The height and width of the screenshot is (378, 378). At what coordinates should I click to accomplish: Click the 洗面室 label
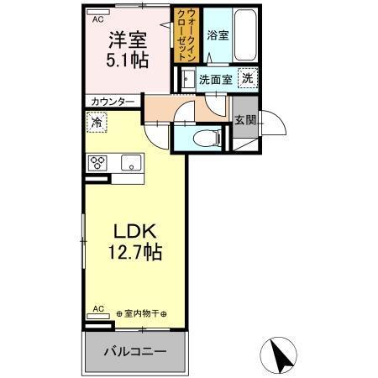(215, 80)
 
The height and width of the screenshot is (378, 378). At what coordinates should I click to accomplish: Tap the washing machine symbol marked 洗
(247, 77)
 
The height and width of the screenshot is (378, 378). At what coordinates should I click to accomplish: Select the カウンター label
(113, 102)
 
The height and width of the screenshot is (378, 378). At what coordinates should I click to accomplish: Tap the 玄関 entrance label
(244, 119)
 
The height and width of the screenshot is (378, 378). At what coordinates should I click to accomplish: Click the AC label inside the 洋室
(98, 18)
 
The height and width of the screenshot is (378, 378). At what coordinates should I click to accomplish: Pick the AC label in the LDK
(97, 307)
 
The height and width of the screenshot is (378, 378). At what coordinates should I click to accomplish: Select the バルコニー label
(134, 350)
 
